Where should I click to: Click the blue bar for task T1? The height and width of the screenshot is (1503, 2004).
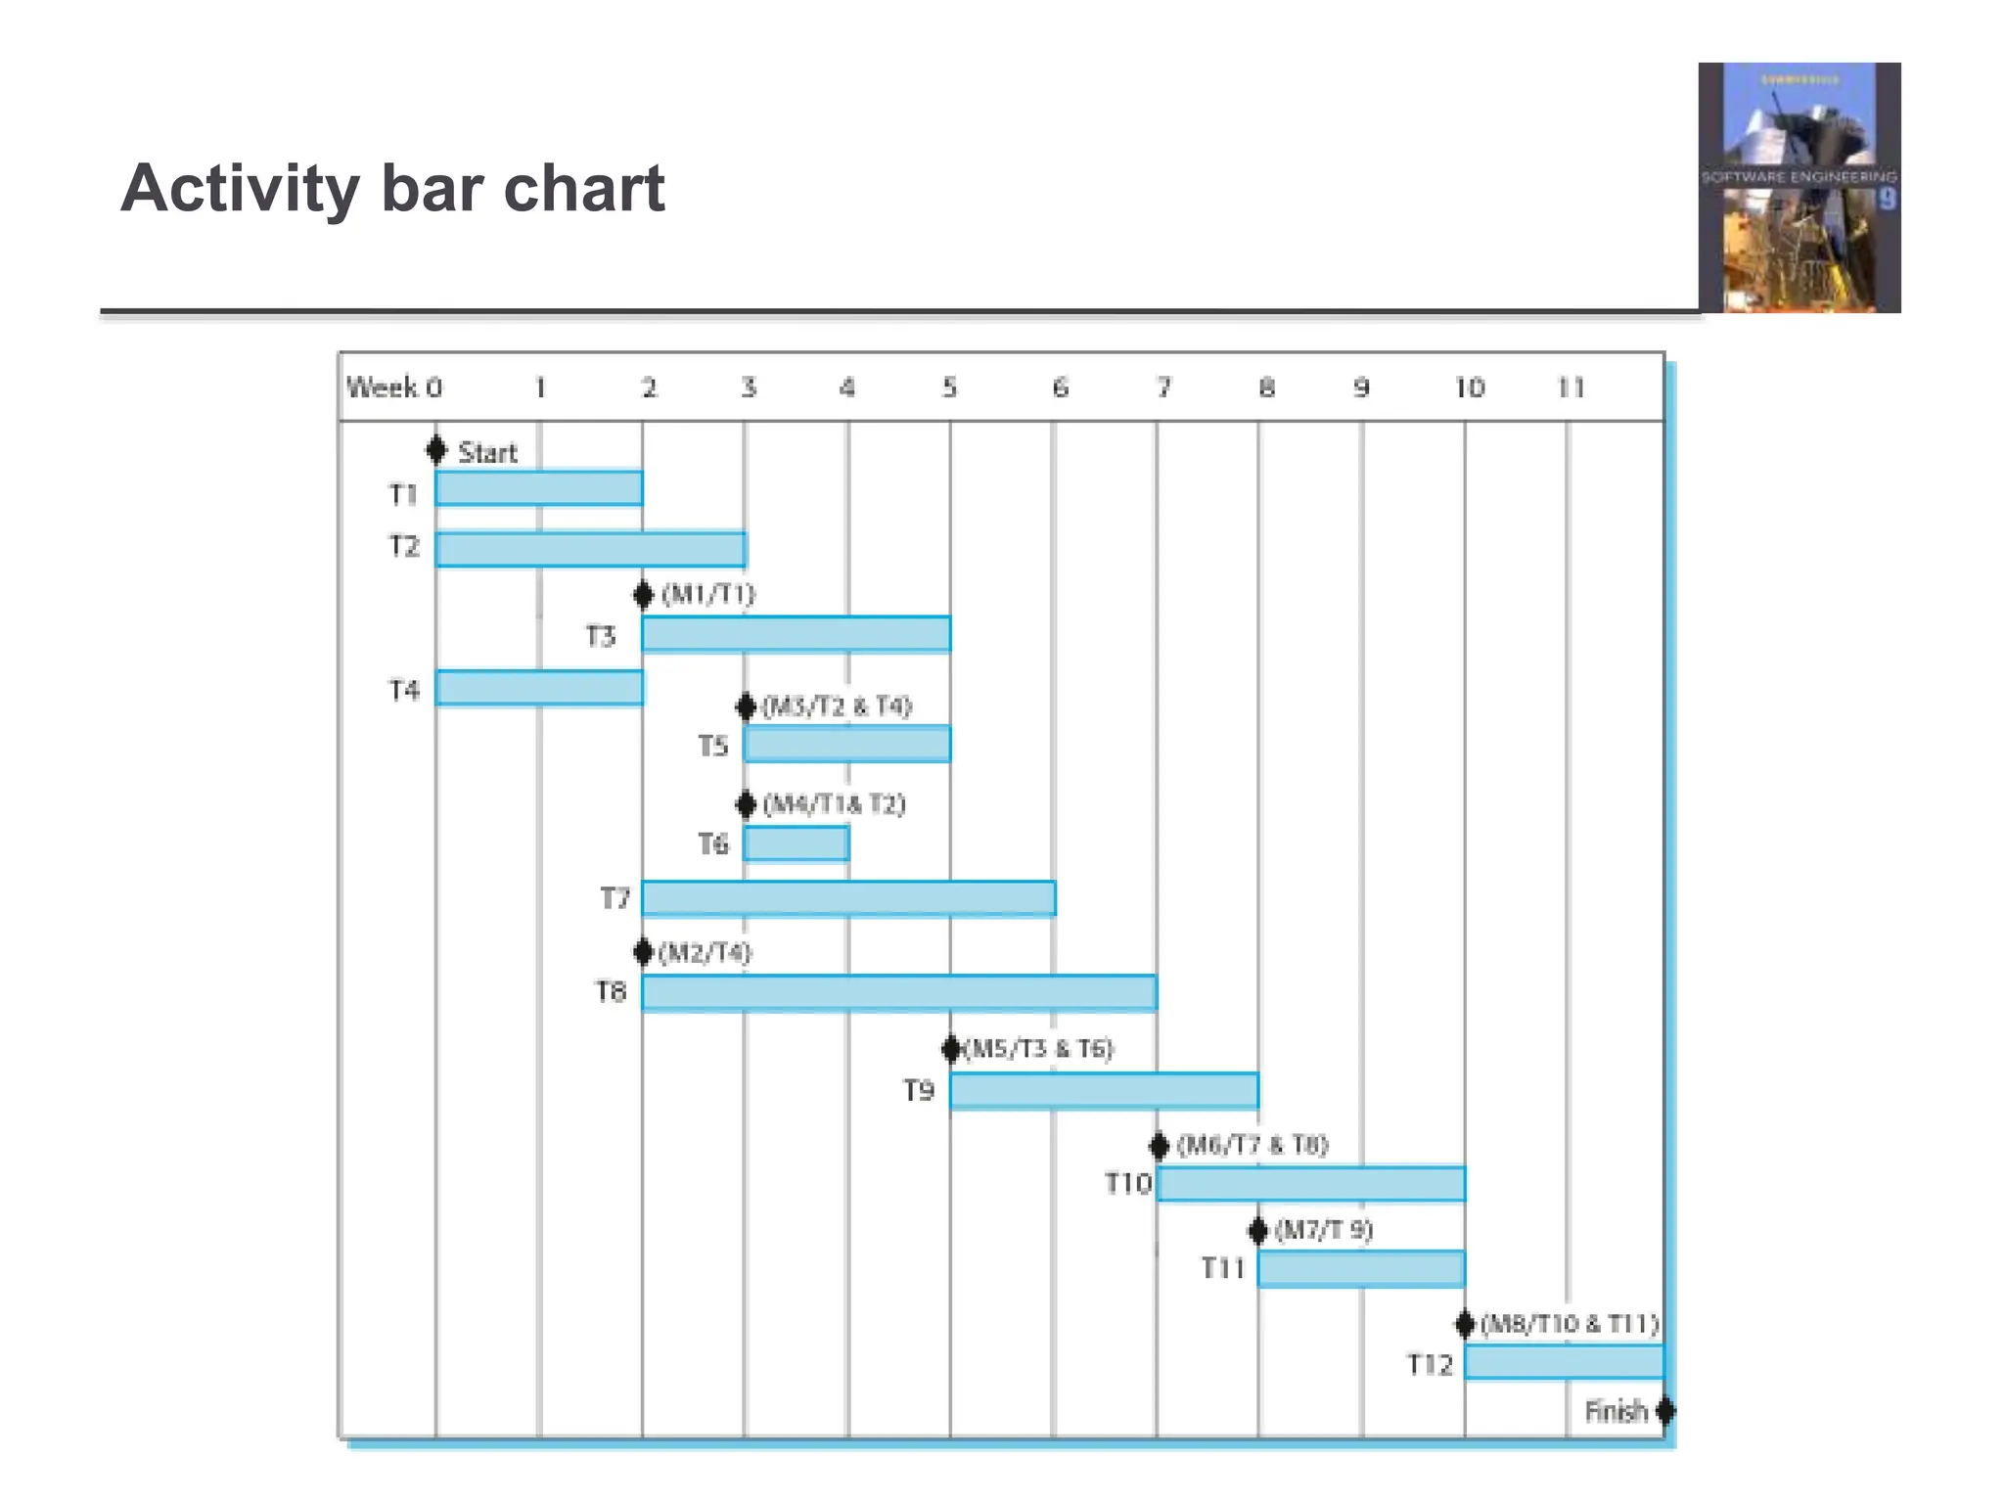[539, 488]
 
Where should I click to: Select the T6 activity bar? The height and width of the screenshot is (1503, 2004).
[796, 843]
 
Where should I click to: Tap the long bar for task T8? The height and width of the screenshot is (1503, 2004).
[899, 992]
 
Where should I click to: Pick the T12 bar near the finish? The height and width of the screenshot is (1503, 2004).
[1564, 1361]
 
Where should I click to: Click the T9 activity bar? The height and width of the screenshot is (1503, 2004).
[1104, 1090]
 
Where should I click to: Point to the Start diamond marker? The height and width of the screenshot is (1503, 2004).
[436, 450]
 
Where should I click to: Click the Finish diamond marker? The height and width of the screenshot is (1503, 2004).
[1664, 1411]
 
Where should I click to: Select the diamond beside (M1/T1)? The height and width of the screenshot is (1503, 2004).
[643, 594]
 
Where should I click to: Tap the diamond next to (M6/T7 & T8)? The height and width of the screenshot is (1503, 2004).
[1160, 1145]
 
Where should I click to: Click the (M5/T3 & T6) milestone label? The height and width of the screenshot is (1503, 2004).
[1040, 1049]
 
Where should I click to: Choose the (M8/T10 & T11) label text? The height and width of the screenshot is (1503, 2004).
[1570, 1324]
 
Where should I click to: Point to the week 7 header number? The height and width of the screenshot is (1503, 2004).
[1163, 387]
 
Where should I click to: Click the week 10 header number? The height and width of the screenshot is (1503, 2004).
[1469, 387]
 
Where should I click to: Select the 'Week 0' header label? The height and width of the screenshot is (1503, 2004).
[394, 387]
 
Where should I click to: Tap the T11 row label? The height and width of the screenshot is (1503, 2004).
[1222, 1268]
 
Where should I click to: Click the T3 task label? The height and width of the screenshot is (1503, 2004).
[601, 636]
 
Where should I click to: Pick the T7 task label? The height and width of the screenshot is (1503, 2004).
[615, 897]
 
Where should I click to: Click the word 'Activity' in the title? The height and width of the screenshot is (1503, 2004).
[240, 189]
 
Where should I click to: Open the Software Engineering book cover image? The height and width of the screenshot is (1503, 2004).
[1799, 188]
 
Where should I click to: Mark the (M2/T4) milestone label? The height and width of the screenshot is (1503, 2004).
[706, 952]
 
